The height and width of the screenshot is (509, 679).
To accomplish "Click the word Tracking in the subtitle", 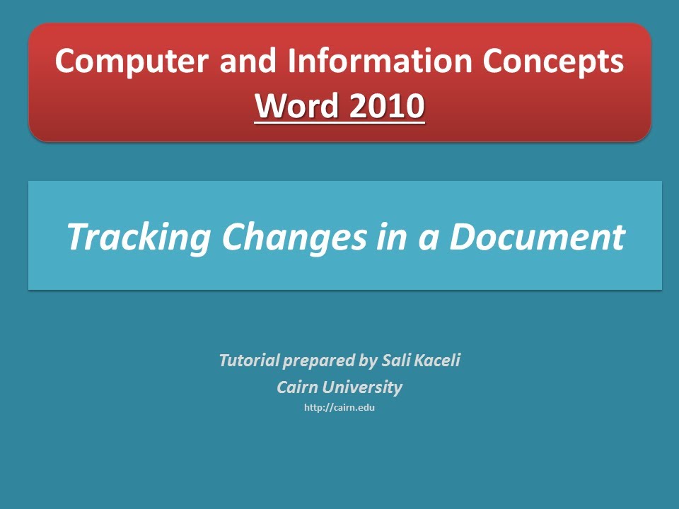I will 139,237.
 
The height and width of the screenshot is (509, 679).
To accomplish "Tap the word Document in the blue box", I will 538,237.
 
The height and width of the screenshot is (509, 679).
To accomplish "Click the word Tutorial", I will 249,361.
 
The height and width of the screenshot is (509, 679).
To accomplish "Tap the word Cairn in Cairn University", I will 297,387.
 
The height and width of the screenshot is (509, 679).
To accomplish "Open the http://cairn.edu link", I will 339,408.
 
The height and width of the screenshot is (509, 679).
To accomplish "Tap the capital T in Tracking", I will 76,237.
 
